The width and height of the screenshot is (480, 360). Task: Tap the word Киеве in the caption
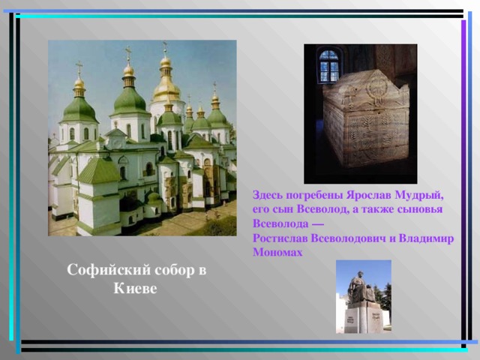pos(135,288)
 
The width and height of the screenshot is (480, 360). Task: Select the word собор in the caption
pos(174,270)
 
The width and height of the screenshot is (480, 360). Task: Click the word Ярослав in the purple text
pos(369,195)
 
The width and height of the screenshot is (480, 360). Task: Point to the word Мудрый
pos(419,195)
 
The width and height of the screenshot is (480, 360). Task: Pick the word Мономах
pos(277,252)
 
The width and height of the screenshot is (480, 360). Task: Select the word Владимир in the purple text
pos(426,238)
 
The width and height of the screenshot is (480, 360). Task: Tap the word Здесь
pos(267,195)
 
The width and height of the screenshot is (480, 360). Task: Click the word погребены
pos(314,195)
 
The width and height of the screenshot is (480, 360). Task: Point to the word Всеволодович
pos(348,238)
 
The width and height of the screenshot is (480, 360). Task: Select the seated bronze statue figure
pos(361,289)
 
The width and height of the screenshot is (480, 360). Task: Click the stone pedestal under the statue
pos(364,318)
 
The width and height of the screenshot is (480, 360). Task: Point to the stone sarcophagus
pos(366,119)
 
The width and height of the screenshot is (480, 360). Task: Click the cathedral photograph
pos(142,138)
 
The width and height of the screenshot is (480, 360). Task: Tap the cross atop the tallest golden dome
pos(165,48)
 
